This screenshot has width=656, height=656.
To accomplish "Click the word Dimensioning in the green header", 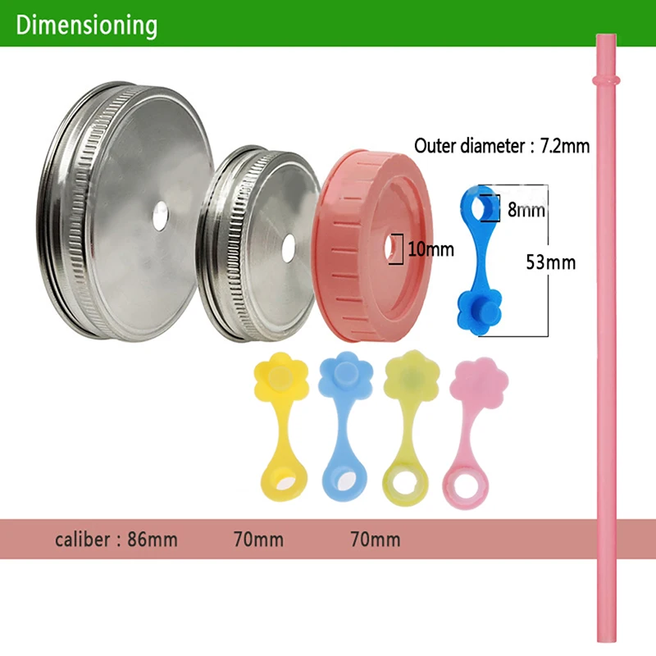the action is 87,26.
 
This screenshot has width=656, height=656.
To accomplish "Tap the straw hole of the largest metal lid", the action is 161,216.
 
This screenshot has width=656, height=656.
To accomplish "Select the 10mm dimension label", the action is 431,249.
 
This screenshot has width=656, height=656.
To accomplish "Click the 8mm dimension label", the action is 526,210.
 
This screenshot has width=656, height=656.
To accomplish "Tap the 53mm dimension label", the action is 550,262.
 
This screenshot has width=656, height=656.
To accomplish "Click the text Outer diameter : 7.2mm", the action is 502,146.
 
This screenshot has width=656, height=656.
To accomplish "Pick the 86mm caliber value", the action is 153,540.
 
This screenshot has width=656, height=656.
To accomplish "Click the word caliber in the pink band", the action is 83,540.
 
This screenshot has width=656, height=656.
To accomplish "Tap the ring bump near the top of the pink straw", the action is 606,80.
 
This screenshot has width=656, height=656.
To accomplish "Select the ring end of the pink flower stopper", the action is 465,486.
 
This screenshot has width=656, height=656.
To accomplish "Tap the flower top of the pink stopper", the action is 480,380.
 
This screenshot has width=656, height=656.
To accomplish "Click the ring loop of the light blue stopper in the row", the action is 344,481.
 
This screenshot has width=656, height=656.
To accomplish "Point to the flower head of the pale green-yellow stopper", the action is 412,374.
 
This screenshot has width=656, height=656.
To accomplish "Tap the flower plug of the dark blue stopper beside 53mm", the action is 480,311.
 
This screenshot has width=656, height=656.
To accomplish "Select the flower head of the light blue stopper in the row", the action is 345,375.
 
